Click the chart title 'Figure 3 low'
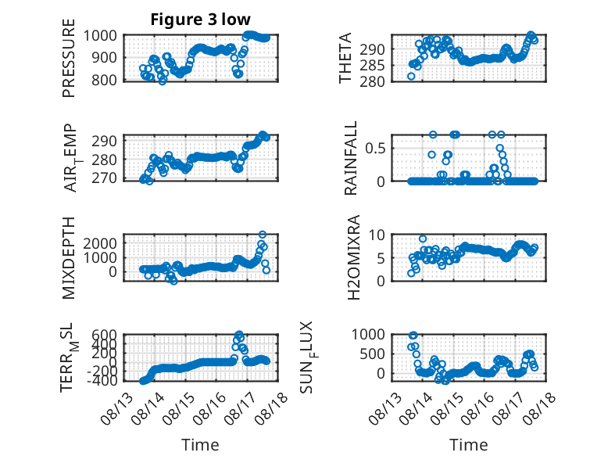tap(201, 20)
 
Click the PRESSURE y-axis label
tap(69, 58)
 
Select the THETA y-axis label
tap(345, 58)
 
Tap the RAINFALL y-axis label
tap(350, 158)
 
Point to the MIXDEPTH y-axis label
tap(69, 257)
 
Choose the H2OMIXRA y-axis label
tap(354, 257)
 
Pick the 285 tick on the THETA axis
tap(372, 66)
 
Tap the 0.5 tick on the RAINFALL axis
tap(375, 148)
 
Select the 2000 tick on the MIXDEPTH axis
tap(100, 243)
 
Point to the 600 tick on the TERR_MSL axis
tap(104, 335)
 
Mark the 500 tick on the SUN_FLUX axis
tap(372, 354)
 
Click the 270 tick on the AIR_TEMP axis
tap(104, 178)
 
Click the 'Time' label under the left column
tap(201, 445)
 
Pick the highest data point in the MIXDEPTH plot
tap(263, 235)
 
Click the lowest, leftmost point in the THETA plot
tap(411, 77)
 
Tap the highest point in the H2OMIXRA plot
tap(423, 239)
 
